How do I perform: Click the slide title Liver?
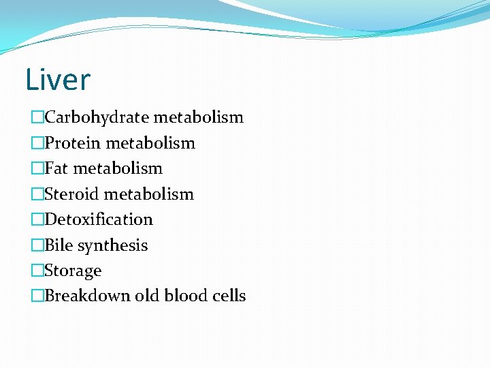pos(57,80)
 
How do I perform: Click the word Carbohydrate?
pos(97,117)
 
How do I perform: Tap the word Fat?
pos(56,168)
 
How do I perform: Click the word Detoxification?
pos(99,219)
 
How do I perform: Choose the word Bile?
pos(59,245)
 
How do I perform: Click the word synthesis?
pos(112,245)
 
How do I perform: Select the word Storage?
pos(73,271)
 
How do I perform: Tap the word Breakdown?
pos(84,296)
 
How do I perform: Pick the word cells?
pos(227,296)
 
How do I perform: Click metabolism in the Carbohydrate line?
pos(198,117)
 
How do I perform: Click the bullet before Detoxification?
pos(37,219)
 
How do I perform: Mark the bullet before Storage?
pos(37,271)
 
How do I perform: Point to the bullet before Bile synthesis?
pos(37,245)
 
